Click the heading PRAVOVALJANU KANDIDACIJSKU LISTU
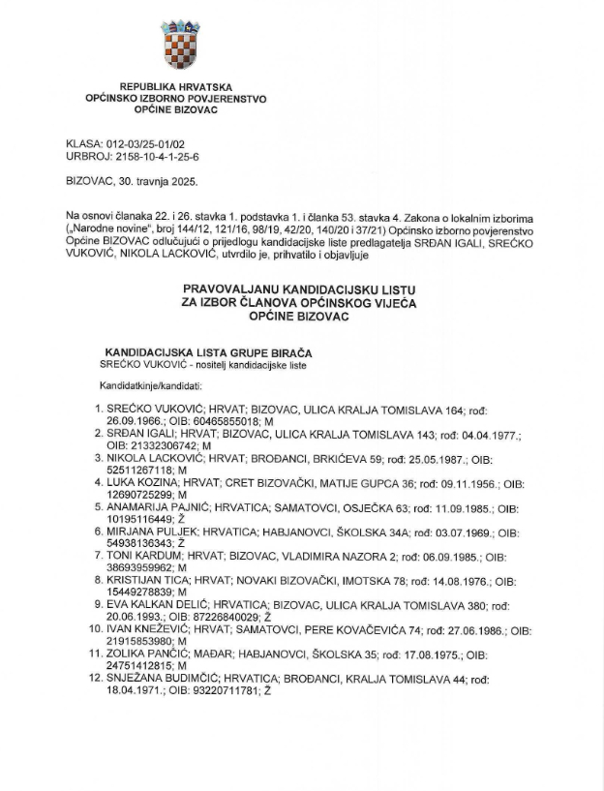[300, 289]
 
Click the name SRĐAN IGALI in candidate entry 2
[141, 436]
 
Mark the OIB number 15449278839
[141, 591]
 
